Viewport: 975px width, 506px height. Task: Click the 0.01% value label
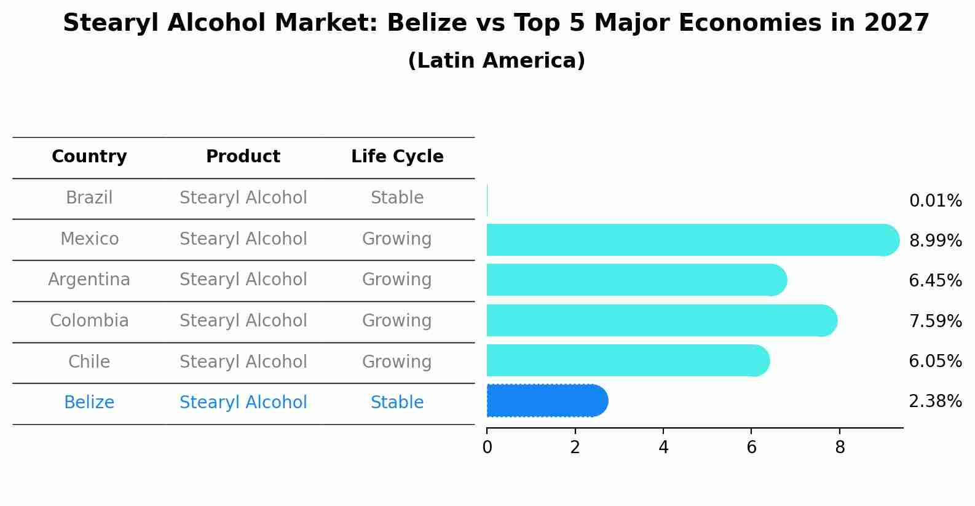(x=935, y=201)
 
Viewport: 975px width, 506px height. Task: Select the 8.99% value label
(x=935, y=240)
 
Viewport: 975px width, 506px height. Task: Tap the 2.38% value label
(x=935, y=401)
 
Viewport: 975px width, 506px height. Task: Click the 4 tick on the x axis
(x=663, y=447)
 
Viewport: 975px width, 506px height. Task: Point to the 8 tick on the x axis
(x=840, y=447)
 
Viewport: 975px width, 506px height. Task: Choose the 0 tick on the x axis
(x=487, y=447)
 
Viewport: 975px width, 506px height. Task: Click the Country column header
(x=89, y=157)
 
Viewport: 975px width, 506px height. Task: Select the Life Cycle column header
(x=397, y=157)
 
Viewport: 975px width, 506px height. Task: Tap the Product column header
(x=243, y=157)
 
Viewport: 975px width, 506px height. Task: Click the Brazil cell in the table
(x=89, y=198)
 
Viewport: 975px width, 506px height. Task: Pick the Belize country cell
(x=89, y=403)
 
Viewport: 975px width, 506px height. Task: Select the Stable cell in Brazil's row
(x=397, y=198)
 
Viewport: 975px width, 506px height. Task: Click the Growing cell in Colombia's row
(x=397, y=321)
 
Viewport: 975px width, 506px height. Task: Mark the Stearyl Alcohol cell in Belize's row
(x=243, y=403)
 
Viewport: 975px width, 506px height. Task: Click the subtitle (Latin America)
(x=496, y=61)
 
